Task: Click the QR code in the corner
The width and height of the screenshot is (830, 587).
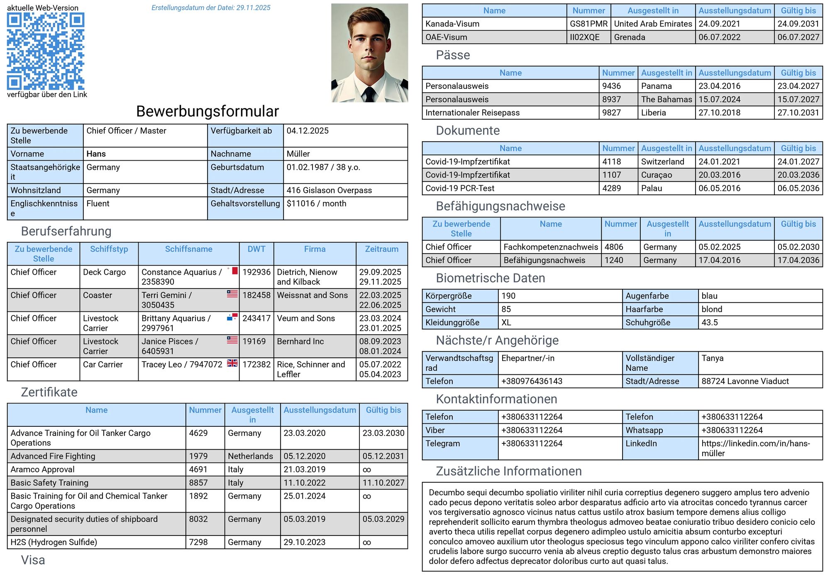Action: (x=46, y=51)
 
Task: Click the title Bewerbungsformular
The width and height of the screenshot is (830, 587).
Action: (x=207, y=111)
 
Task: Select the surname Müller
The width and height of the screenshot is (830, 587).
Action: (x=298, y=154)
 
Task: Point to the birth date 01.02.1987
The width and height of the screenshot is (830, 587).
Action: (x=307, y=167)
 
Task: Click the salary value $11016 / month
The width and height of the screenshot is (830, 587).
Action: (x=316, y=204)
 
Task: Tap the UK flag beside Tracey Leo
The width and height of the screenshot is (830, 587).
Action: (x=232, y=363)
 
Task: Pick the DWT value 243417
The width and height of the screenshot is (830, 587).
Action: (x=256, y=318)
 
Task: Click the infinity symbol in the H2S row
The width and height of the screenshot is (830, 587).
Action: (x=367, y=543)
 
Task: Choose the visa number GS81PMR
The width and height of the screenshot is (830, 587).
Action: (x=588, y=24)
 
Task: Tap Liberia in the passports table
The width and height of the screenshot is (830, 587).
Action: (x=653, y=113)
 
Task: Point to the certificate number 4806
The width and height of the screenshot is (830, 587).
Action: (x=614, y=247)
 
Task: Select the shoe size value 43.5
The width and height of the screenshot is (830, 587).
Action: (x=710, y=323)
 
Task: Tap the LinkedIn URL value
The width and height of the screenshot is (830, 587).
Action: (x=755, y=448)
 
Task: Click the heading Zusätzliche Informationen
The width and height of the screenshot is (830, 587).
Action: (x=508, y=471)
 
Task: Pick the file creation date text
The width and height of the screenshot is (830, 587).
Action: (x=211, y=8)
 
